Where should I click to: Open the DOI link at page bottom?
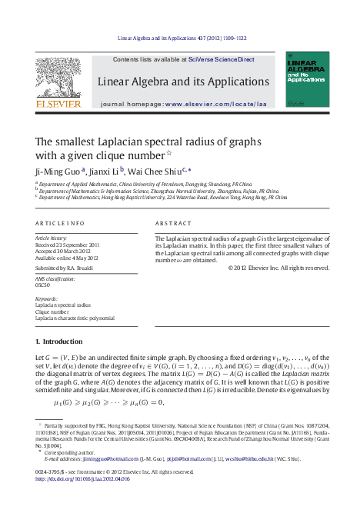coord(83,478)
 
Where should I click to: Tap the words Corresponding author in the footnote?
coord(66,453)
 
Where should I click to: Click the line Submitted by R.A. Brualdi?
coord(68,268)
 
